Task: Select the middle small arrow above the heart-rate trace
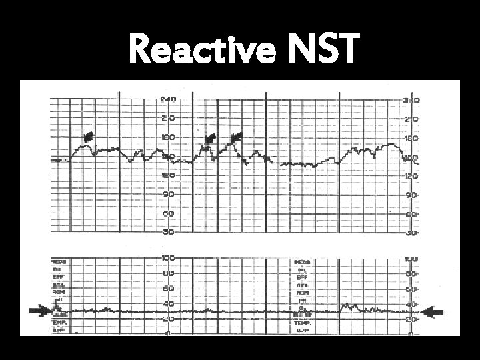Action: tap(209, 138)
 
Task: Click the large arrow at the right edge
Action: tap(436, 311)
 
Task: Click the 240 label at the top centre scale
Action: tap(167, 99)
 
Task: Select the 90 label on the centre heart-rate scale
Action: tap(167, 194)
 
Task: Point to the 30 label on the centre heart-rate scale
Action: tap(167, 232)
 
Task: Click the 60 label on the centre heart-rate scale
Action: tap(167, 213)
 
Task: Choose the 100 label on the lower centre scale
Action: tap(167, 257)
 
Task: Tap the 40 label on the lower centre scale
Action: tap(167, 305)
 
